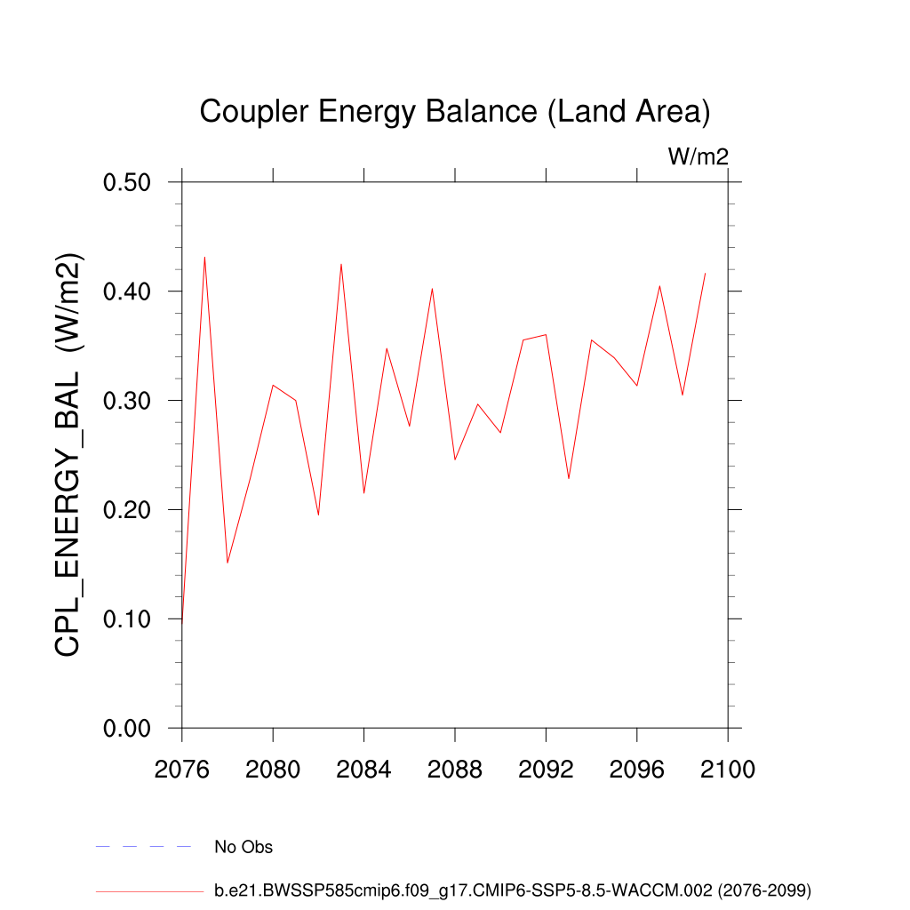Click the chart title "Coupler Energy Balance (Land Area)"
tap(454, 112)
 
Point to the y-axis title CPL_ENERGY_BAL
tap(68, 455)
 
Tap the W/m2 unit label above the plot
tap(698, 157)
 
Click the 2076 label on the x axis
tap(182, 769)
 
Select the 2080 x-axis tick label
tap(273, 769)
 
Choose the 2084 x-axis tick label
tap(364, 769)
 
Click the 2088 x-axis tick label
tap(455, 769)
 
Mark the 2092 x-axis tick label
tap(546, 769)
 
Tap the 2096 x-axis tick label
tap(637, 769)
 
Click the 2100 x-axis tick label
tap(728, 769)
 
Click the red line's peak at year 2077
tap(204, 258)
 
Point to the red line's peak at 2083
tap(341, 265)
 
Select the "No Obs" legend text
tap(243, 847)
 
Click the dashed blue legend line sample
tap(144, 847)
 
